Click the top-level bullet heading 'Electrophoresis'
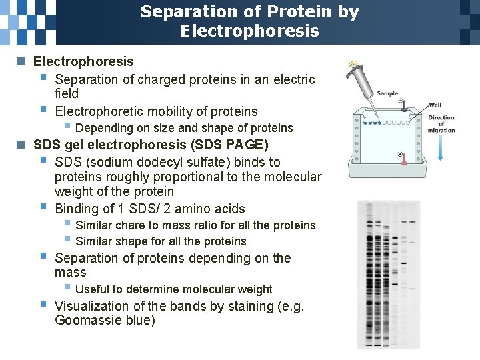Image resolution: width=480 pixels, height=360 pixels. click(83, 62)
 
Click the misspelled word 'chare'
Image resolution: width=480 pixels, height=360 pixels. click(131, 225)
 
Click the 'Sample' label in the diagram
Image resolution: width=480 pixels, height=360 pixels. click(387, 94)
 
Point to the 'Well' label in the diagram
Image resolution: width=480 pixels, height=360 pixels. click(435, 105)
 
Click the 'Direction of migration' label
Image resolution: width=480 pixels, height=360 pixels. click(441, 124)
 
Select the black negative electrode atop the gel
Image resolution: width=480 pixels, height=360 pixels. click(403, 105)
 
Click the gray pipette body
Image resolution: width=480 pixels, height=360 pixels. click(364, 86)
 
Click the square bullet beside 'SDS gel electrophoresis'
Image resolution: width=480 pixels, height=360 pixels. click(21, 145)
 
